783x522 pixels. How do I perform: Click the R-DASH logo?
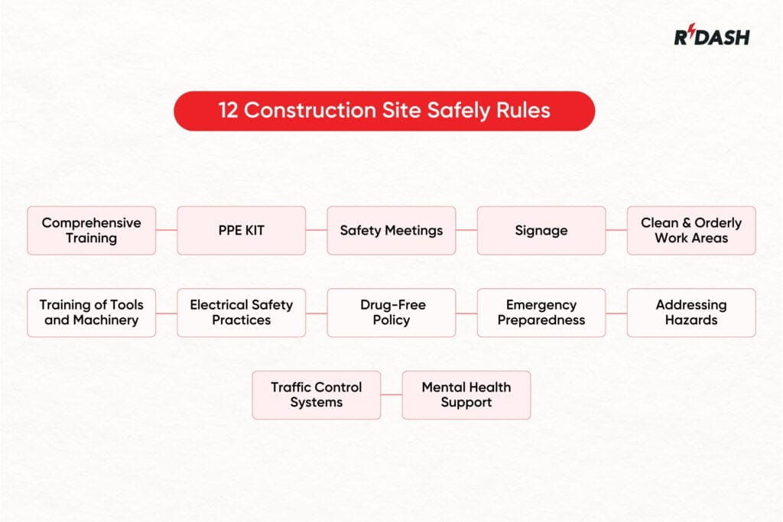(711, 36)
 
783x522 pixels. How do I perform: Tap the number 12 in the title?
(227, 110)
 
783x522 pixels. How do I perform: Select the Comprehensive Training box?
(92, 230)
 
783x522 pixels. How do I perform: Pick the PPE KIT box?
(242, 230)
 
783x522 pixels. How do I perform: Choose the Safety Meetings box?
(391, 230)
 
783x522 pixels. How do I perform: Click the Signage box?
(541, 230)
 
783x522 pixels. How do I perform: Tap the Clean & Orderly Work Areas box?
(691, 230)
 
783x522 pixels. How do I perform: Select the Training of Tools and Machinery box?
(92, 313)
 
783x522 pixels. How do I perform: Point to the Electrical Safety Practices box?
(242, 313)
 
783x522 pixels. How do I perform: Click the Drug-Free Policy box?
(391, 313)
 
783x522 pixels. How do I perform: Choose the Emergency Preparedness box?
(541, 313)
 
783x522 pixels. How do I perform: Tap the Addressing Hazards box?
(691, 313)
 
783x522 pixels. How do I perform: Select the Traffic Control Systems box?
(317, 395)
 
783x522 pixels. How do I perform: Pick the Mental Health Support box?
(466, 395)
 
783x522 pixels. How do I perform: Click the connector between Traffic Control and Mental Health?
(391, 395)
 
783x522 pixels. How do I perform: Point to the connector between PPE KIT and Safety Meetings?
(317, 230)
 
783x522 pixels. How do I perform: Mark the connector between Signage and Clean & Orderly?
(616, 230)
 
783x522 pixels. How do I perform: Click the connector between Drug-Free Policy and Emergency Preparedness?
(466, 313)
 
